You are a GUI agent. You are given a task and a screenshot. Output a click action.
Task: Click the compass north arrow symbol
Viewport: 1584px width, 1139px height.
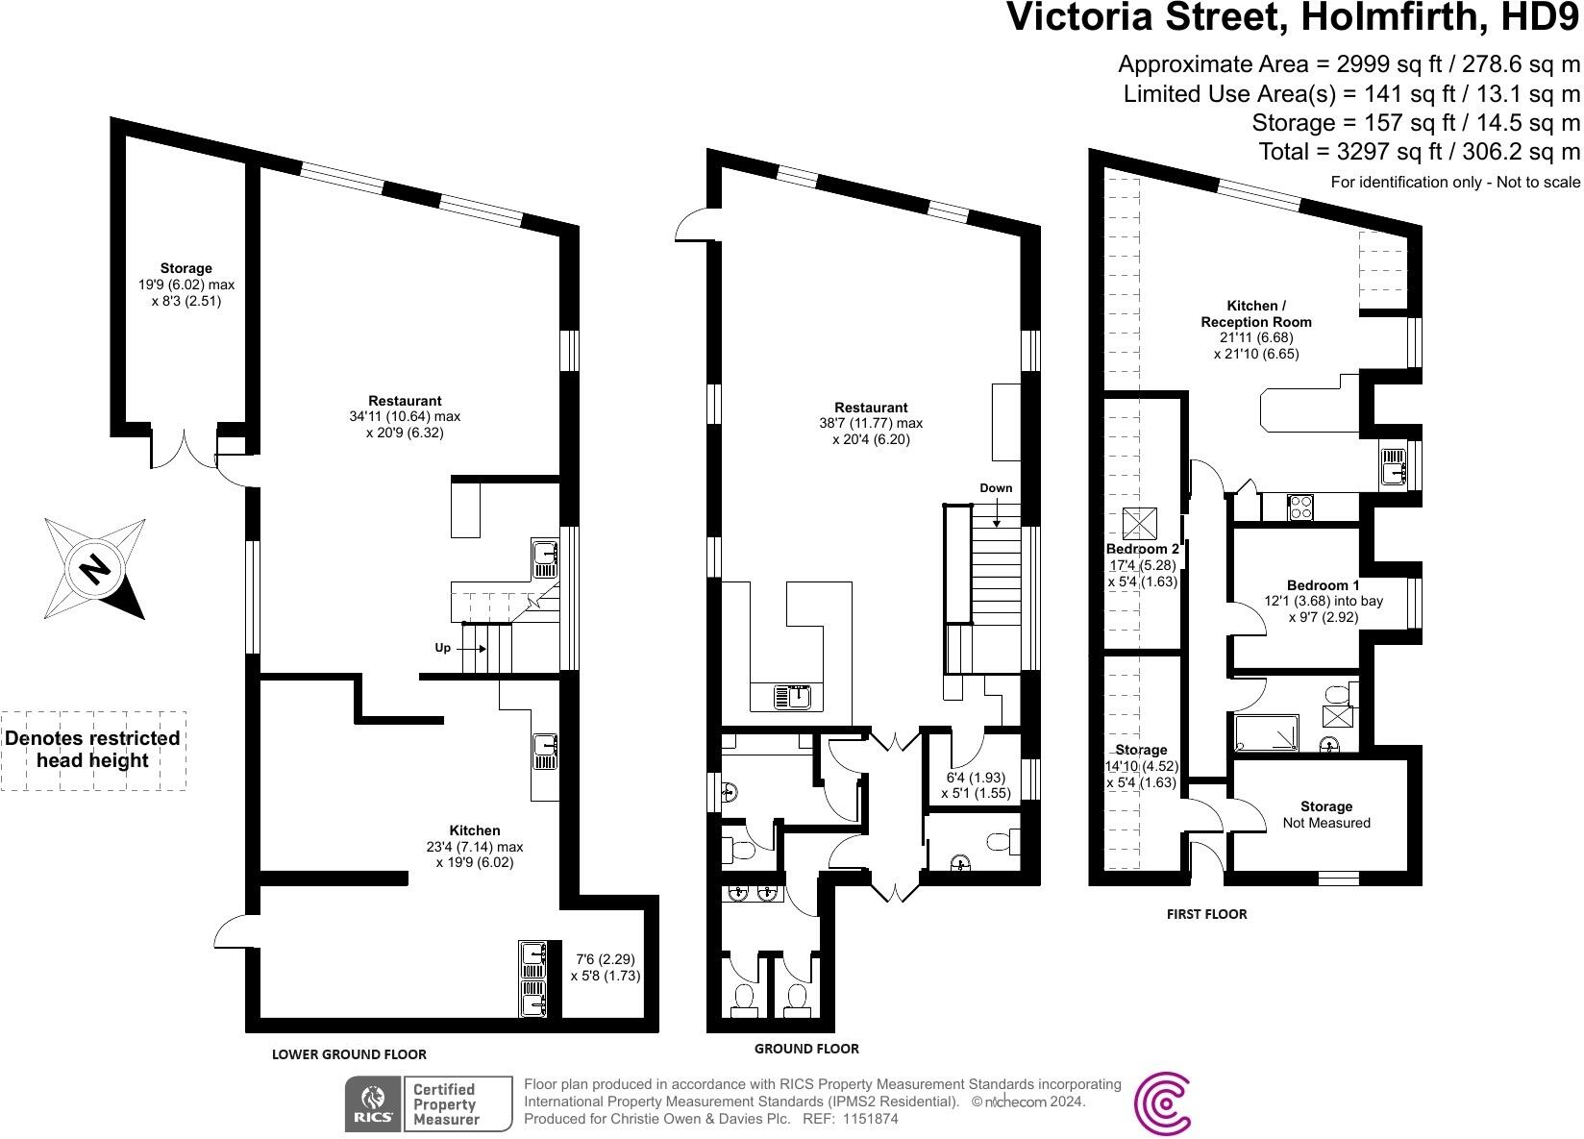click(x=94, y=568)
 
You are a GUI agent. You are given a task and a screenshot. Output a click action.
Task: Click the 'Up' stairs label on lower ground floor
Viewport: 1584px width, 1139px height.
click(x=442, y=648)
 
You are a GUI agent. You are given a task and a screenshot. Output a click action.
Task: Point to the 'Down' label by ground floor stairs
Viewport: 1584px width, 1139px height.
click(x=996, y=488)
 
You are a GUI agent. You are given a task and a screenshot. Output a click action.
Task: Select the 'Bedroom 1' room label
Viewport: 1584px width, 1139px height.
click(x=1323, y=585)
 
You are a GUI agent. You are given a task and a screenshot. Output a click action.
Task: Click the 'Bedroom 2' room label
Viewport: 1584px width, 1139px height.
click(x=1142, y=550)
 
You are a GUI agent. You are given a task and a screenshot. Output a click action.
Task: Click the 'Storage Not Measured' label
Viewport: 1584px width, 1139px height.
click(x=1325, y=814)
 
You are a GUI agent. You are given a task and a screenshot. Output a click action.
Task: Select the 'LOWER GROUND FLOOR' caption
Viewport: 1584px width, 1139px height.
click(x=349, y=1053)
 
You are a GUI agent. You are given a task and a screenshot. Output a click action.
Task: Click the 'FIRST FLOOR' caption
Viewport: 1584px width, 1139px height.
click(x=1206, y=914)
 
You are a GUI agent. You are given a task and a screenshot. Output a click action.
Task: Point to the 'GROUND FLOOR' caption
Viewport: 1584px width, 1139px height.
click(x=805, y=1049)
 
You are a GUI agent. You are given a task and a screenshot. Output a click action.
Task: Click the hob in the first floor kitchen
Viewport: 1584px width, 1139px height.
click(x=1301, y=507)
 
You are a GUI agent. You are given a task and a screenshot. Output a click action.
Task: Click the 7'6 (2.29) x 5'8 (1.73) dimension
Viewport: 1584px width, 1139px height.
click(x=605, y=967)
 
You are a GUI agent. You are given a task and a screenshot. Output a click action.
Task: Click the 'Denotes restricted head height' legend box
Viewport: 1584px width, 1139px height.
click(x=93, y=750)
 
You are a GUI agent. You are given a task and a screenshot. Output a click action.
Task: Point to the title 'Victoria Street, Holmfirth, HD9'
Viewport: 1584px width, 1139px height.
click(x=1292, y=19)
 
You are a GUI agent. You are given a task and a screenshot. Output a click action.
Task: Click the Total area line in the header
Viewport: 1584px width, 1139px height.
click(x=1419, y=151)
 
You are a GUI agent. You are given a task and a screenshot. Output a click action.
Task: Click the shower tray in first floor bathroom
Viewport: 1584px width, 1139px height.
click(x=1266, y=733)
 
